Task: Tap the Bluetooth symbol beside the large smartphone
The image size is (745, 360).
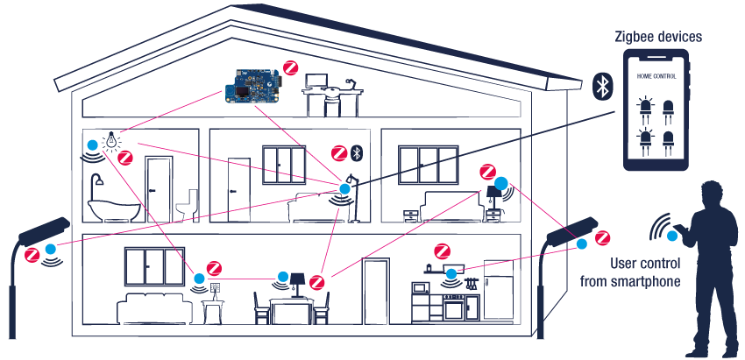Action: click(x=603, y=86)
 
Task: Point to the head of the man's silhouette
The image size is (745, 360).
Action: click(x=709, y=194)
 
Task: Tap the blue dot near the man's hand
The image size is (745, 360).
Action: click(x=672, y=235)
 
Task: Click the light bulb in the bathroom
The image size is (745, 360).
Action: click(x=111, y=139)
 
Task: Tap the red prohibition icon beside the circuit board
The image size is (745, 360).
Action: click(x=289, y=67)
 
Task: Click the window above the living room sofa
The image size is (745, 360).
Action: click(x=154, y=267)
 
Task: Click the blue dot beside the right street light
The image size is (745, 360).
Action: click(x=582, y=244)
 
